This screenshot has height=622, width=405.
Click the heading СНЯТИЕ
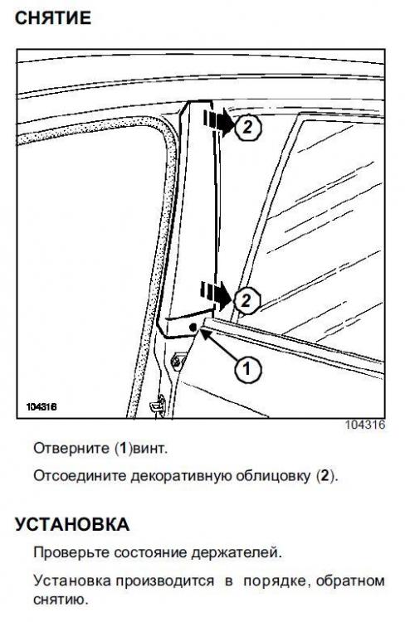pyautogui.click(x=53, y=18)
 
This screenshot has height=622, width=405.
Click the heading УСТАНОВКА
pyautogui.click(x=72, y=524)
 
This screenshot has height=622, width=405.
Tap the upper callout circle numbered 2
pyautogui.click(x=248, y=128)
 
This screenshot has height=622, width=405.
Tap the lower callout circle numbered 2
pyautogui.click(x=246, y=300)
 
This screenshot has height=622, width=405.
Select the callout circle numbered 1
pyautogui.click(x=247, y=369)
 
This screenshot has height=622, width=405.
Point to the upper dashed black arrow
pyautogui.click(x=218, y=122)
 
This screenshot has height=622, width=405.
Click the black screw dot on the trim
pyautogui.click(x=193, y=328)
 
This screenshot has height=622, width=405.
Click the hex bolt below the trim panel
pyautogui.click(x=175, y=361)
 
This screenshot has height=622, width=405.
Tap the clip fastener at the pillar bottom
pyautogui.click(x=157, y=405)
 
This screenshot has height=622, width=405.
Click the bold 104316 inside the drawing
pyautogui.click(x=41, y=407)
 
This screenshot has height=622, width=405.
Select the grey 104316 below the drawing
pyautogui.click(x=365, y=425)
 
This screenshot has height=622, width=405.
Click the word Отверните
pyautogui.click(x=71, y=448)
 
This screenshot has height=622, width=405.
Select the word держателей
pyautogui.click(x=237, y=552)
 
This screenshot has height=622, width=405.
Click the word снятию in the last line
pyautogui.click(x=61, y=600)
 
